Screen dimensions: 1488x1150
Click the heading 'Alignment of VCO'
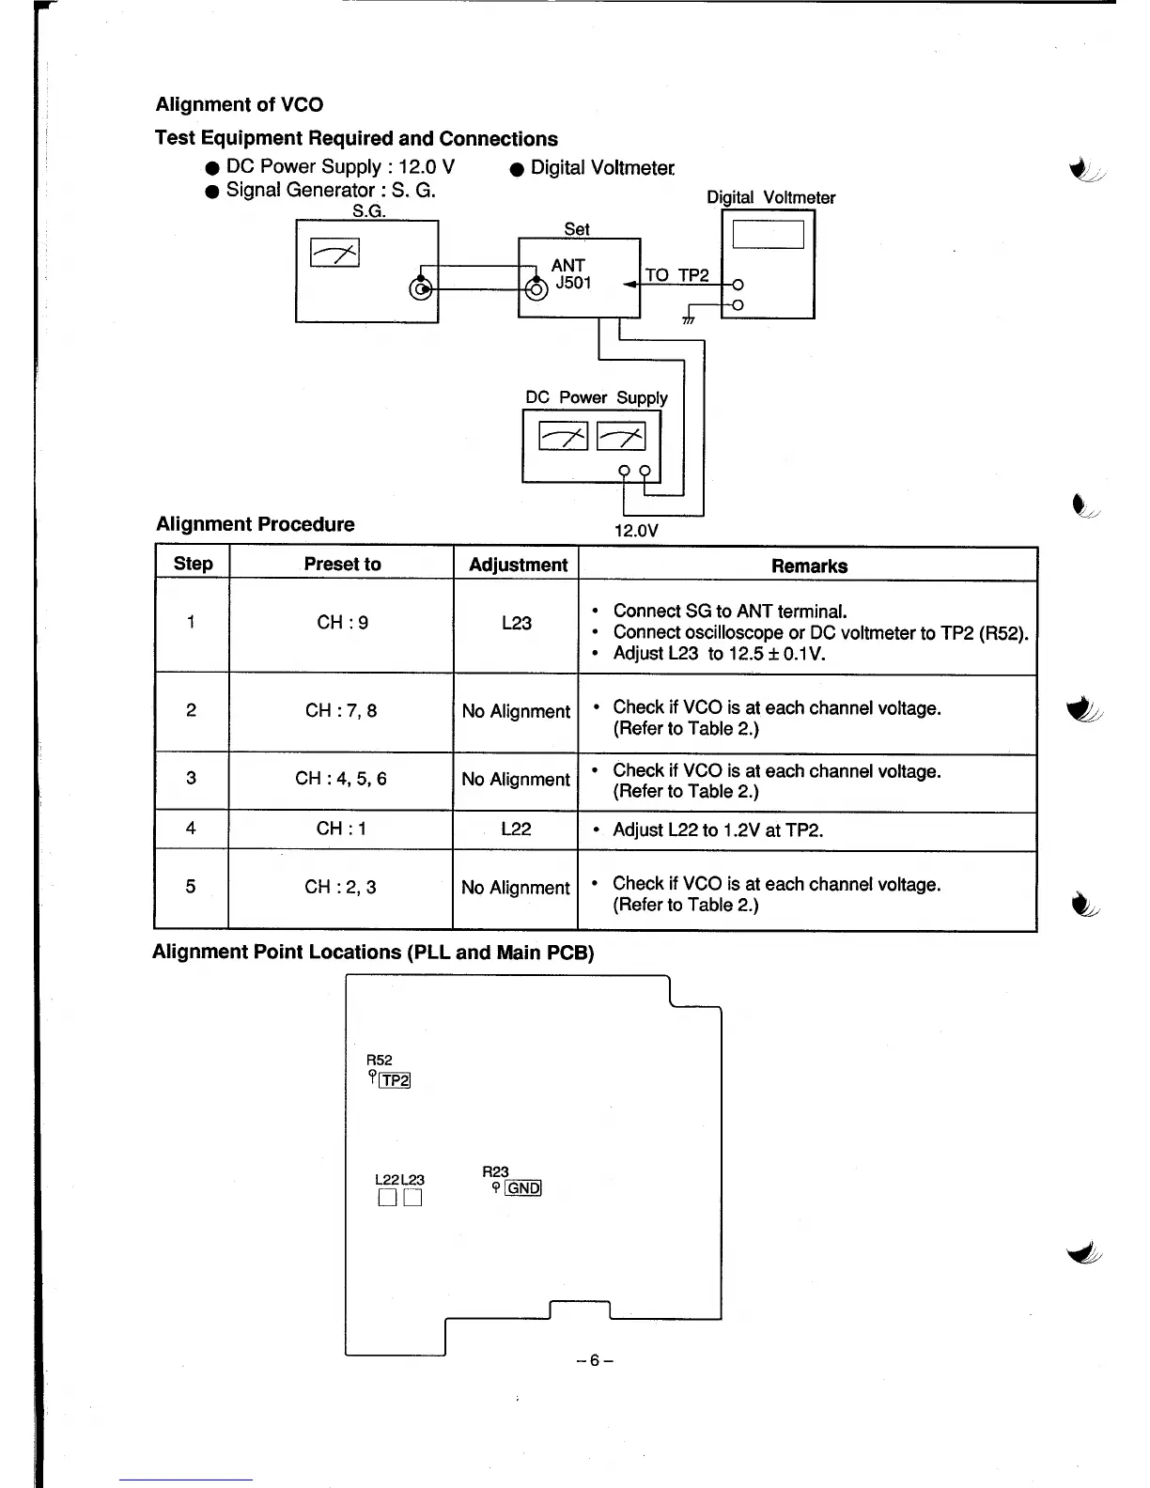[239, 104]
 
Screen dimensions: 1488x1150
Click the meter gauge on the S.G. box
[335, 252]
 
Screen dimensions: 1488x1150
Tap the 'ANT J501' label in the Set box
[570, 273]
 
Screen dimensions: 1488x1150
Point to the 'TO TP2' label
[676, 275]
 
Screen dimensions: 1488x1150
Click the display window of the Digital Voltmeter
[768, 233]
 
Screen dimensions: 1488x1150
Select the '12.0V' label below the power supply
[636, 531]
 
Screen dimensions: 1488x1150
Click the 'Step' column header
[193, 564]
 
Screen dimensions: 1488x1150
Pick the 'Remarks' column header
[809, 566]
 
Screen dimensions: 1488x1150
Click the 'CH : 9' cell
[342, 622]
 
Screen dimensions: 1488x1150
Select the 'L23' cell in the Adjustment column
[516, 623]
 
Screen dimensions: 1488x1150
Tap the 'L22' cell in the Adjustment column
[516, 829]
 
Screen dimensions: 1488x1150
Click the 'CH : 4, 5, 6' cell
[340, 779]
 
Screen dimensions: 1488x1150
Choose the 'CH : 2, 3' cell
[340, 887]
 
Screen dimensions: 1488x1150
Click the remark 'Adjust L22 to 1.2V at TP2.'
[718, 830]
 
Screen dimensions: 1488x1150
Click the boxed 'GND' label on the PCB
[523, 1188]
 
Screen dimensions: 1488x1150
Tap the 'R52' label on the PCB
[379, 1061]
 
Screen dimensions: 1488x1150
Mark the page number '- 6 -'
[596, 1360]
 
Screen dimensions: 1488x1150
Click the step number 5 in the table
[191, 887]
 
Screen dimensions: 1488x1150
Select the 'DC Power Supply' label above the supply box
[597, 397]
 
